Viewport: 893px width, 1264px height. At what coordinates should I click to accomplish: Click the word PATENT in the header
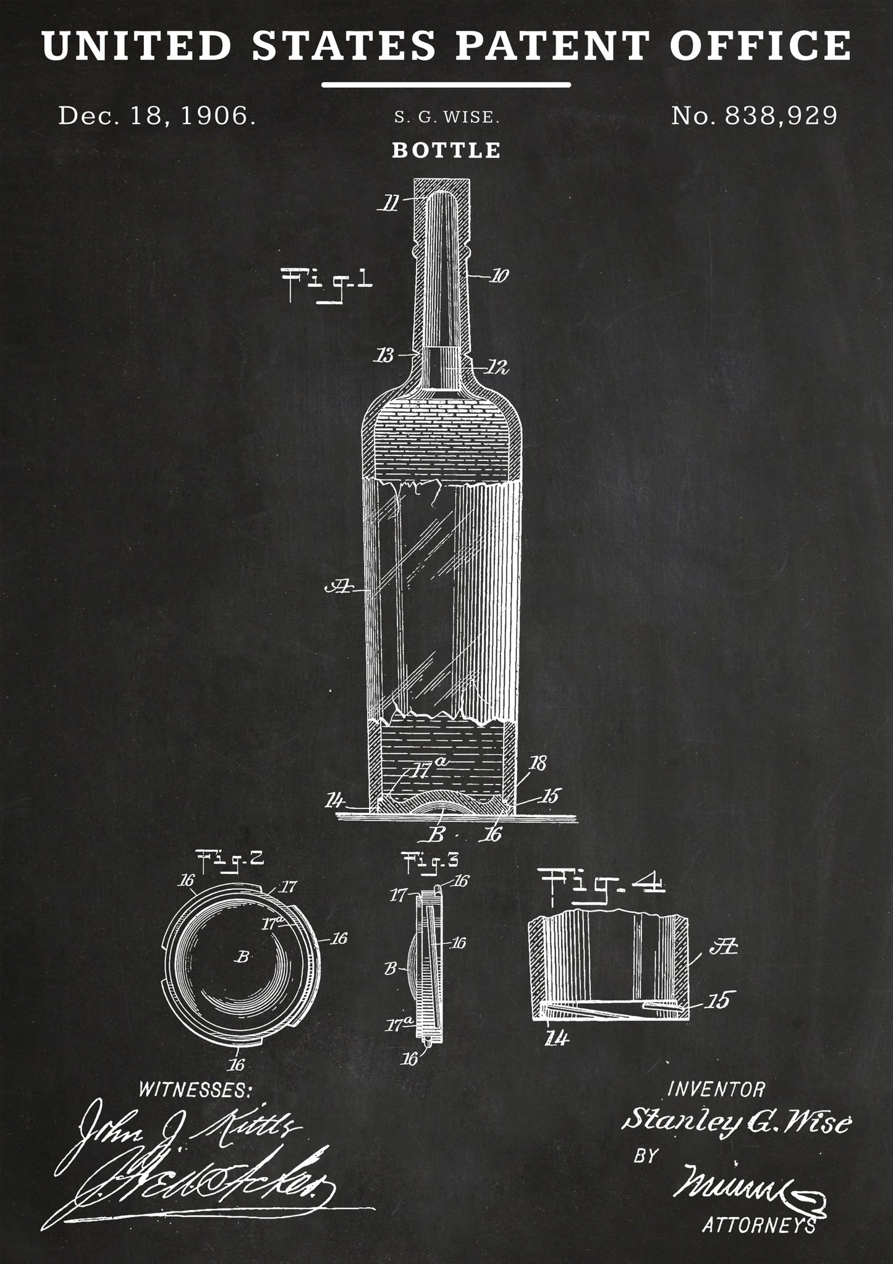pyautogui.click(x=554, y=45)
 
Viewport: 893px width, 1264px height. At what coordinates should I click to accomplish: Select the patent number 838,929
pyautogui.click(x=755, y=115)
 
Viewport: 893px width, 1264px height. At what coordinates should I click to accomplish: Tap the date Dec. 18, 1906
pyautogui.click(x=156, y=116)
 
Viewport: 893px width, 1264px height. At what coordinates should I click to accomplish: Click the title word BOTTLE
pyautogui.click(x=446, y=150)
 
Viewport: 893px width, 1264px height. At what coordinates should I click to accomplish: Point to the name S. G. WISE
pyautogui.click(x=446, y=117)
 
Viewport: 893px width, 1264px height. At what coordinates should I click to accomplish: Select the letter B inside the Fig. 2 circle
pyautogui.click(x=243, y=974)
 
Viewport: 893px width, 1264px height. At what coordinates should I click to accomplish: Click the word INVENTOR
pyautogui.click(x=716, y=1088)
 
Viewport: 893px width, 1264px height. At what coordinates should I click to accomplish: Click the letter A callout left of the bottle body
pyautogui.click(x=337, y=588)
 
